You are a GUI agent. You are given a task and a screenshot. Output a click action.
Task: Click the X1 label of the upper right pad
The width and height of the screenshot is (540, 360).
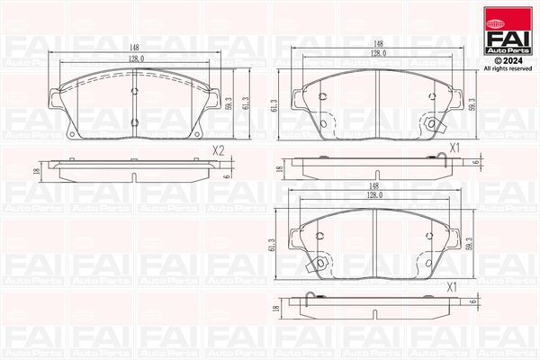point(455,146)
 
